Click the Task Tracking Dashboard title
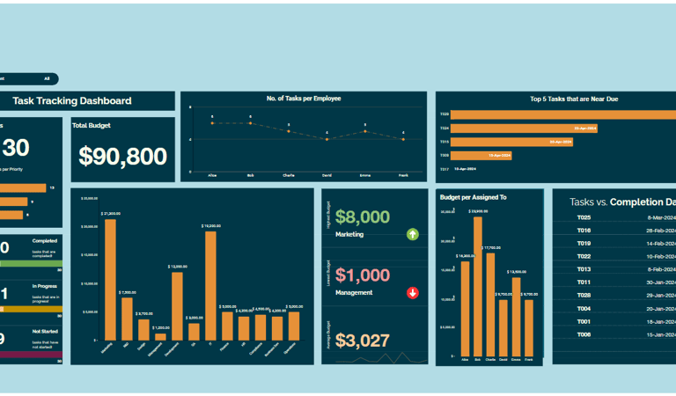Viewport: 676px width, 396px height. coord(72,101)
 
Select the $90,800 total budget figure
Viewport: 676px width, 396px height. coord(122,157)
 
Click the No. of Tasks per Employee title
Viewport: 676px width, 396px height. coord(304,99)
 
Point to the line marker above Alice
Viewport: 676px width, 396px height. coord(212,123)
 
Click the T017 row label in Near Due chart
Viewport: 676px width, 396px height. coord(445,168)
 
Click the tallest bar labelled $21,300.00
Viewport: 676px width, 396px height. coord(110,279)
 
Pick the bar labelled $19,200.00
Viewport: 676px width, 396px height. coord(210,285)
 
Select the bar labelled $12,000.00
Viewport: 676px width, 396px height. coord(177,305)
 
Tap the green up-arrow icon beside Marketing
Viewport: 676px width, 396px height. coord(413,234)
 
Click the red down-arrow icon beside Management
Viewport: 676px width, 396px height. coord(413,292)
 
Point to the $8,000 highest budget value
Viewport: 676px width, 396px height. coord(362,217)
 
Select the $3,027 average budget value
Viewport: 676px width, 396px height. coord(362,341)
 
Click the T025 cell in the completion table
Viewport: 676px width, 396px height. coord(584,217)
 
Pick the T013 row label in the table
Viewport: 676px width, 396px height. coord(584,269)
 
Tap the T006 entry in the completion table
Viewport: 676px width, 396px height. coord(584,334)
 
